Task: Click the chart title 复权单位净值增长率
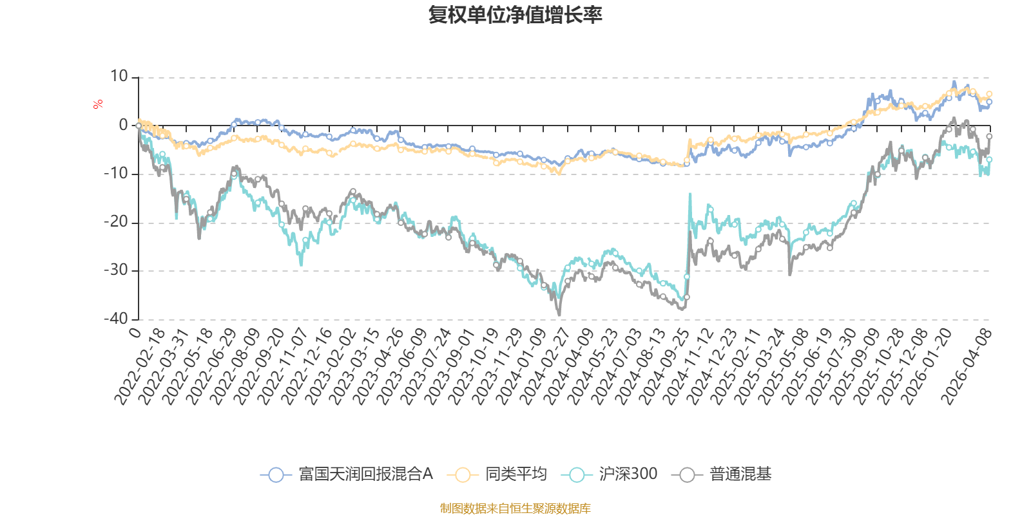pos(515,15)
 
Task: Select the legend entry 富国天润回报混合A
pos(346,474)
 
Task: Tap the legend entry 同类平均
pos(497,474)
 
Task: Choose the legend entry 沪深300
pos(609,474)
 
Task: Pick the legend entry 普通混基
pos(721,474)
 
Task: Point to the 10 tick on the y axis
pos(119,77)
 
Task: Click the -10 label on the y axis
pos(115,173)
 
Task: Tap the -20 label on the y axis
pos(115,222)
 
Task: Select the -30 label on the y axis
pos(115,270)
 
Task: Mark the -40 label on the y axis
pos(115,319)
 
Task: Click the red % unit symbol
pos(97,104)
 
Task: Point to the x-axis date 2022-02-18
pos(139,367)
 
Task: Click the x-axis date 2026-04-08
pos(966,367)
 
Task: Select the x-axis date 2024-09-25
pos(664,367)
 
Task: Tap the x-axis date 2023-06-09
pos(402,367)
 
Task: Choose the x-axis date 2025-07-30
pos(831,367)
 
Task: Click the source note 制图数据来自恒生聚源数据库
pos(515,508)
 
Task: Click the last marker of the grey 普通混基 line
pos(989,136)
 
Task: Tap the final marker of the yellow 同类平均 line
pos(989,94)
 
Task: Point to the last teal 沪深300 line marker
pos(989,160)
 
